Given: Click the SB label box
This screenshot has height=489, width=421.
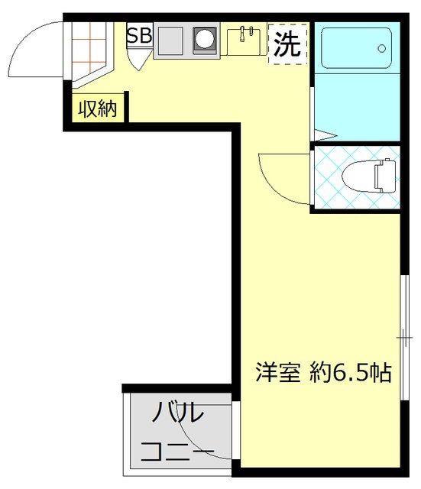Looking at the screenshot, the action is click(139, 35).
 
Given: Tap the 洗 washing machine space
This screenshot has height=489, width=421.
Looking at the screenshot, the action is click(287, 44).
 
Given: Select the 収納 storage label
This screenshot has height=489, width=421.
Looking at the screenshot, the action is click(98, 108).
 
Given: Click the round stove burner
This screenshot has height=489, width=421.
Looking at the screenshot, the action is click(205, 40).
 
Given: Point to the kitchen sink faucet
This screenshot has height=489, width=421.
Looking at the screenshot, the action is click(246, 34).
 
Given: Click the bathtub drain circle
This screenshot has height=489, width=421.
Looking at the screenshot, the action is click(382, 48).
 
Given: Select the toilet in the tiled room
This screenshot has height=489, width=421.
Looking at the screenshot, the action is click(368, 176).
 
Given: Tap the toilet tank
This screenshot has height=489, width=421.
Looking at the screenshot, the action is click(385, 176).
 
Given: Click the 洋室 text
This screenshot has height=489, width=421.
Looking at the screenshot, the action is click(277, 372).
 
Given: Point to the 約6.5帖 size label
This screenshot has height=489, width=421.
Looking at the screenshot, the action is click(351, 372).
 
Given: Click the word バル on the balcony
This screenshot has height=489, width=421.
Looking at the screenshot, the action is click(177, 413).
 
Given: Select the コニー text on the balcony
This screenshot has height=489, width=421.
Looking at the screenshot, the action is click(177, 451).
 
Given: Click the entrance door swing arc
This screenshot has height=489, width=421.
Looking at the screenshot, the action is click(24, 34).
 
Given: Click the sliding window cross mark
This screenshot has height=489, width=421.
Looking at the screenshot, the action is click(404, 338).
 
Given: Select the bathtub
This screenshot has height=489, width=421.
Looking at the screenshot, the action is click(357, 48).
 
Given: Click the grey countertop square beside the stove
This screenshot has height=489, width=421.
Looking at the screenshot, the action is click(170, 40).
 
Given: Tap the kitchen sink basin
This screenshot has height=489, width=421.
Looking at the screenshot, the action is click(244, 42).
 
